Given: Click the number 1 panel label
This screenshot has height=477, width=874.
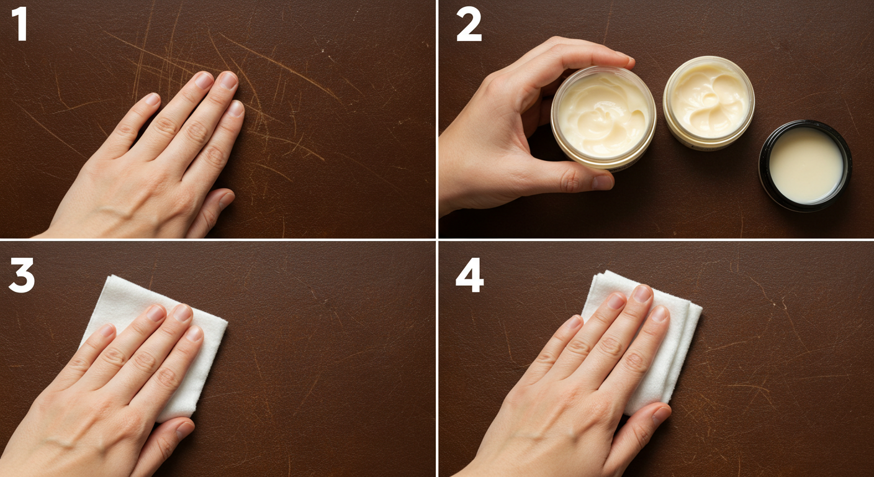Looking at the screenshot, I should click(19, 24).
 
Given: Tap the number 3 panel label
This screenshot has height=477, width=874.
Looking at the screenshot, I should click(21, 275).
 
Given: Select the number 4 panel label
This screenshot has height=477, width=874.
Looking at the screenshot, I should click(469, 275).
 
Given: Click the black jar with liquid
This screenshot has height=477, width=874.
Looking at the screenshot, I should click(805, 165).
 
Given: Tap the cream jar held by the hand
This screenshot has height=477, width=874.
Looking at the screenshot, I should click(603, 118).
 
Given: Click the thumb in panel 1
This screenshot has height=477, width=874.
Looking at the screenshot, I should click(214, 208).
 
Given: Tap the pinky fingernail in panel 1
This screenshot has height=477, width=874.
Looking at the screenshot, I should click(151, 99).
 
